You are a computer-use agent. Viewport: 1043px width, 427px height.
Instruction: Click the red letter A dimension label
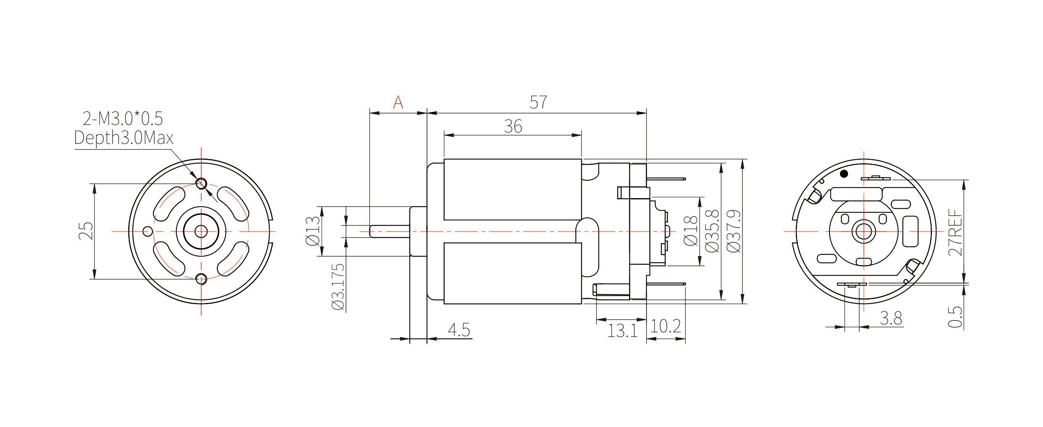398,102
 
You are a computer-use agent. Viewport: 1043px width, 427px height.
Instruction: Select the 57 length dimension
539,102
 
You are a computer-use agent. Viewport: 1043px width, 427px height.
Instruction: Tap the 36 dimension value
513,127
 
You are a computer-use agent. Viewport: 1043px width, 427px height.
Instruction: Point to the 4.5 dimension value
459,330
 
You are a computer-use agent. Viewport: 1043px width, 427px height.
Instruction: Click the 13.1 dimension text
623,331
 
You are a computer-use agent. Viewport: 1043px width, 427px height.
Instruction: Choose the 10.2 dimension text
665,326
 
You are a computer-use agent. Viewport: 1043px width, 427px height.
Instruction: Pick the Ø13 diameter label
313,231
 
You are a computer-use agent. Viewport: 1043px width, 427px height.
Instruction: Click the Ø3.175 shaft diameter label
338,287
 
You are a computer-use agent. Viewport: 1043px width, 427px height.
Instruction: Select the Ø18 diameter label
691,231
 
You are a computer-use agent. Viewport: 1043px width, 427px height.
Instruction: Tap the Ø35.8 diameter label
712,231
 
